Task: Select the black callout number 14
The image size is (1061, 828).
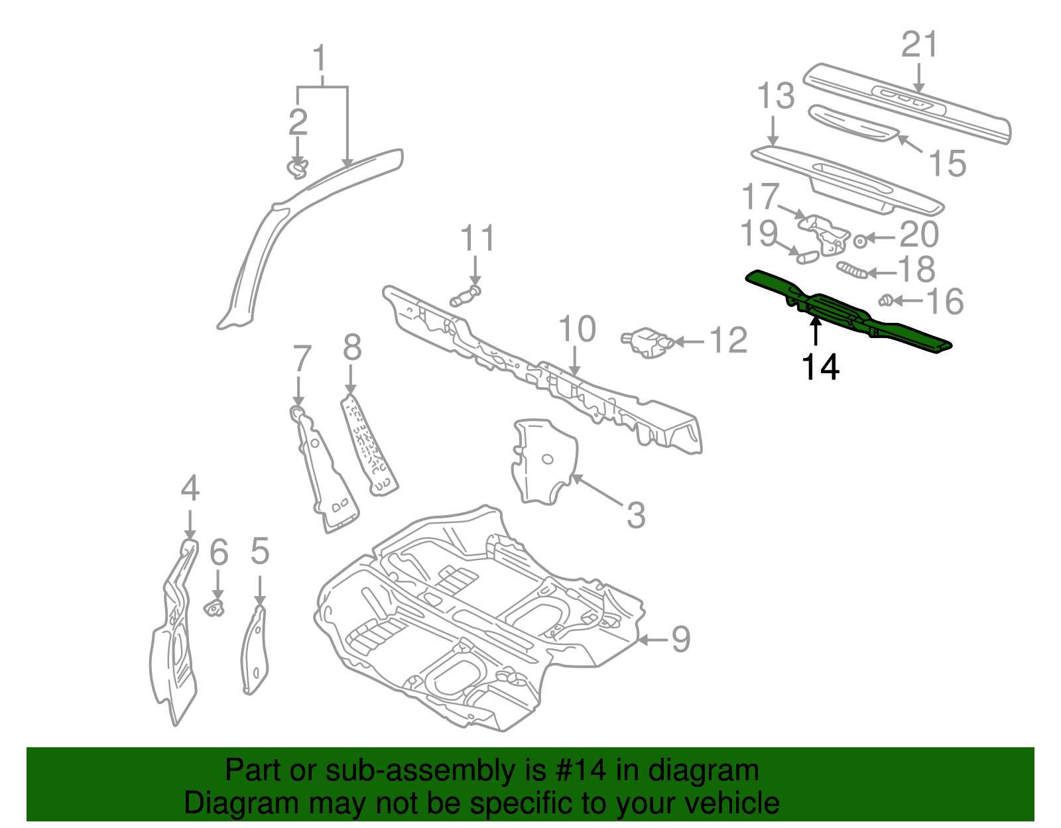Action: [820, 367]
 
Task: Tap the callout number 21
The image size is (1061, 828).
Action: [920, 44]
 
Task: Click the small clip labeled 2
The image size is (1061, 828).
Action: [298, 168]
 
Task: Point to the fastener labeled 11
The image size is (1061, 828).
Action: [466, 296]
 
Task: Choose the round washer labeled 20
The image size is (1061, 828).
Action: [860, 241]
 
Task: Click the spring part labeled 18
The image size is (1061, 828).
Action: [852, 270]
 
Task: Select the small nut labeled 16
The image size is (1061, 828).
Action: [885, 301]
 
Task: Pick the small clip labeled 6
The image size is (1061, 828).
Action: [214, 606]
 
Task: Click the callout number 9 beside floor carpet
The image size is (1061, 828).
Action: [680, 639]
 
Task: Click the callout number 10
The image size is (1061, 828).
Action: [577, 329]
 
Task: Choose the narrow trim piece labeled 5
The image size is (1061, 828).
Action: [255, 650]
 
